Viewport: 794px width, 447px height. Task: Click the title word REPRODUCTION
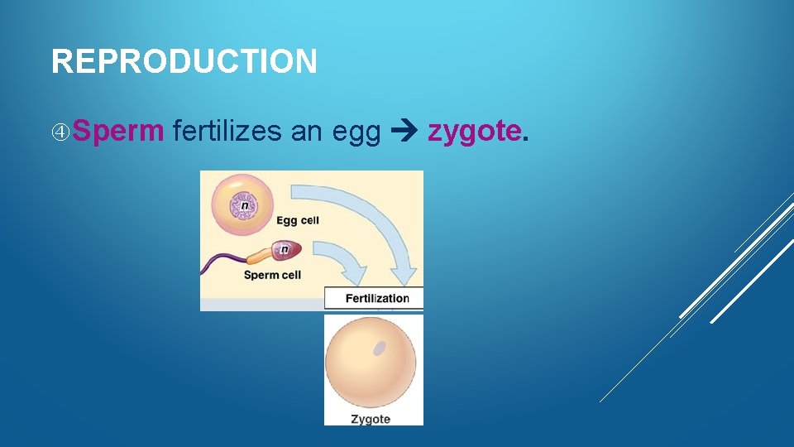184,61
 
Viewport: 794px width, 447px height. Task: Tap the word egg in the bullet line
356,131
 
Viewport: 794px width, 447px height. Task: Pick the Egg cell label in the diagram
297,220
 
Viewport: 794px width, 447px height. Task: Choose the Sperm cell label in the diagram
272,275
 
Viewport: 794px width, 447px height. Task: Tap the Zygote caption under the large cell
371,419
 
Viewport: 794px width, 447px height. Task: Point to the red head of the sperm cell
285,249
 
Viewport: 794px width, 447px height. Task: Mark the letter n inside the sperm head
285,248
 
